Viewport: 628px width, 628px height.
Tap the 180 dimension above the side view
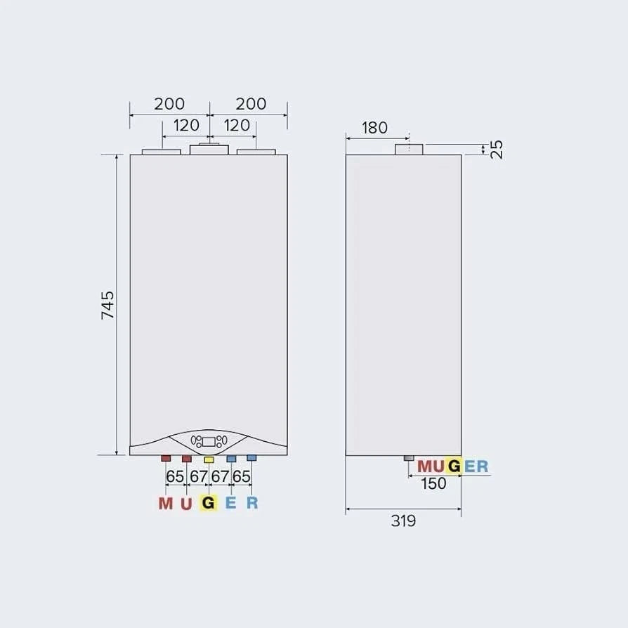[374, 128]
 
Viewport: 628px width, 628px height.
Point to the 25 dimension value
[497, 150]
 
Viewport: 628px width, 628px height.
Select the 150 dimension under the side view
[433, 483]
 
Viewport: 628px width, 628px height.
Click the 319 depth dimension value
[403, 521]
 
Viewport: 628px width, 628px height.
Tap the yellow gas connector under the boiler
[209, 459]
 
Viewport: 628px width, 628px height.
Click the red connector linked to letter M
[166, 459]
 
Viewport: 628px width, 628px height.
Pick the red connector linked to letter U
[187, 459]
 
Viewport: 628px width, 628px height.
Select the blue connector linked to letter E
[230, 459]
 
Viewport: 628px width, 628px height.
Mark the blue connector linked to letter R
[251, 458]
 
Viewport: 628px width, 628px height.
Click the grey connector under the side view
[409, 459]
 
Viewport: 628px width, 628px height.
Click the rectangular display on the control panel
[208, 442]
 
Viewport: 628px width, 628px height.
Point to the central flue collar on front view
[209, 149]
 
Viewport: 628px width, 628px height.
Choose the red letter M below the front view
[165, 503]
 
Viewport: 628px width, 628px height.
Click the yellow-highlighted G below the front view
[208, 503]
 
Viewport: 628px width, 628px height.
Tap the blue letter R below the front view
[252, 503]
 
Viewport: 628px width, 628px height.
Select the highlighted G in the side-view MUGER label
[454, 466]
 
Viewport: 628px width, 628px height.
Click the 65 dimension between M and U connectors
[175, 476]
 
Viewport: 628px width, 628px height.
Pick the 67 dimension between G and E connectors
[220, 476]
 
